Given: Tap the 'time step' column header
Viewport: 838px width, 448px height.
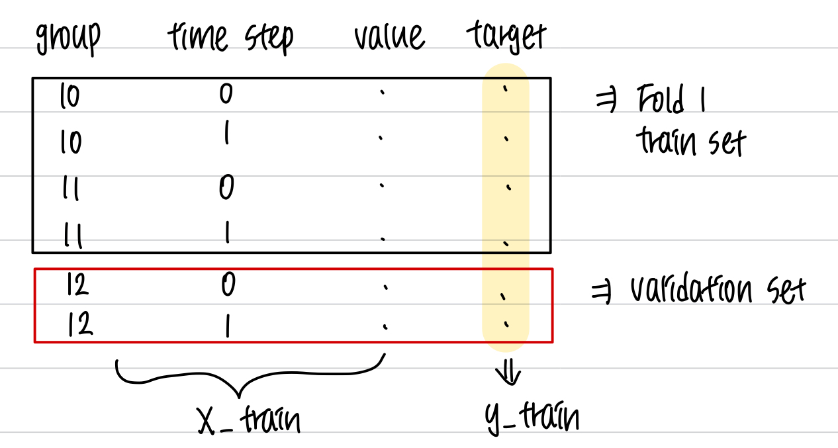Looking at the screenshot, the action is (x=230, y=38).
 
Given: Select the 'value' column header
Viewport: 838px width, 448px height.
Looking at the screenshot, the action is (x=389, y=36).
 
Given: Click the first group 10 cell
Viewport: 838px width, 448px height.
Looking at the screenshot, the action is (x=69, y=97).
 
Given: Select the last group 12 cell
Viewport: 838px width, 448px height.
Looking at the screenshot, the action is (x=79, y=326).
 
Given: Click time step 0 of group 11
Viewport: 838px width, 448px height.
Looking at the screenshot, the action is (x=226, y=188).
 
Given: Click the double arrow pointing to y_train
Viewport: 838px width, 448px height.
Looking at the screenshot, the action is (x=509, y=376).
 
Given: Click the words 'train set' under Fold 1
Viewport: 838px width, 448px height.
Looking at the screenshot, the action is (x=690, y=141).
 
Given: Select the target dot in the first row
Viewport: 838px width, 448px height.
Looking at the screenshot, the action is (x=505, y=92).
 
